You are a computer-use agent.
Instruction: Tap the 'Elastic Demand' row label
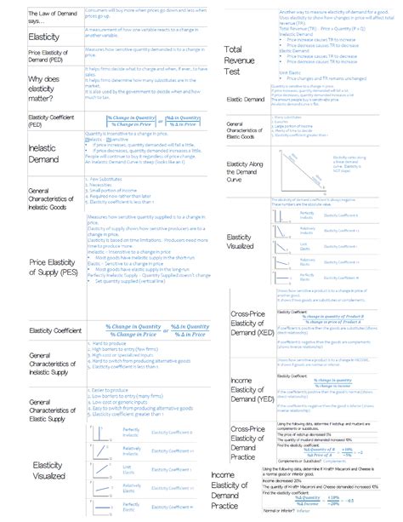pos(246,100)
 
